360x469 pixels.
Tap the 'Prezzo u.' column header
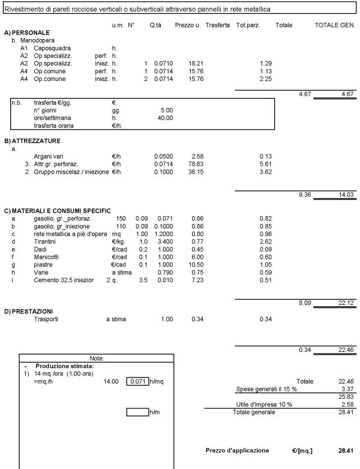click(187, 25)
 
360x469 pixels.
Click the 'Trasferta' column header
click(217, 25)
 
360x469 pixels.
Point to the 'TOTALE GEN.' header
click(335, 25)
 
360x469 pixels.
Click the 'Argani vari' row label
click(49, 156)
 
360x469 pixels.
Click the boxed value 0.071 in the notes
click(137, 381)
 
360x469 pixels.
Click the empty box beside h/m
click(137, 412)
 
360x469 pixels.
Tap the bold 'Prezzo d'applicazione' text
click(237, 450)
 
